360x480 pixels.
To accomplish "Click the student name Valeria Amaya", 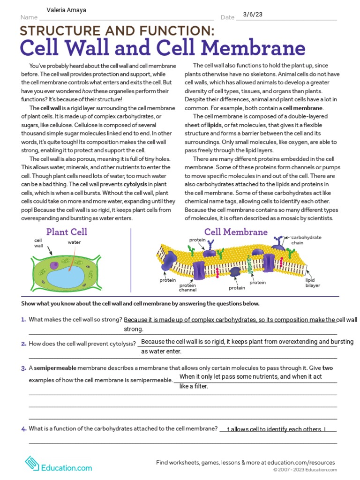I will click(x=67, y=10).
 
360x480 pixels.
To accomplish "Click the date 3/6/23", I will click(x=253, y=15).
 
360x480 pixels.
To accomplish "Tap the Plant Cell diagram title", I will click(x=67, y=232).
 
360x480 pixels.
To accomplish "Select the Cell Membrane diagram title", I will click(x=236, y=232).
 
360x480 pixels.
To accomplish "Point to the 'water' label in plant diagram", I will click(x=74, y=242).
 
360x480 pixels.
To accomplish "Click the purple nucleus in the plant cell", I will click(x=54, y=265).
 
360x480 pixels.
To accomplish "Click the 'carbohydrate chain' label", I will click(x=306, y=240).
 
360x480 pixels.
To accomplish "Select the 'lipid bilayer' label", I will click(x=313, y=282).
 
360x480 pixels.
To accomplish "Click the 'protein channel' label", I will click(x=187, y=287).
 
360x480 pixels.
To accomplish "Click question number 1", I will click(x=23, y=320).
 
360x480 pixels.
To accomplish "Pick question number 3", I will click(x=23, y=368).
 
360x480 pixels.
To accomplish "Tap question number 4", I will click(x=23, y=428).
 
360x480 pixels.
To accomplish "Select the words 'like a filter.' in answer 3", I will click(x=193, y=386).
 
